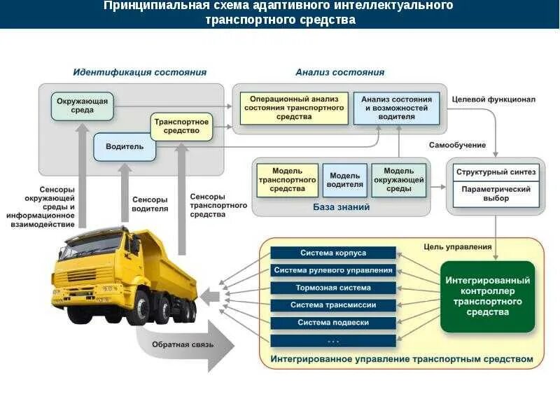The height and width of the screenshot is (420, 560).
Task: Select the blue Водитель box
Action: pyautogui.click(x=125, y=146)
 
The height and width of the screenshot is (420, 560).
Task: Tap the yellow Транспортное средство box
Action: pyautogui.click(x=181, y=126)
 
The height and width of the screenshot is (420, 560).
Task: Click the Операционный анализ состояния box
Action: pyautogui.click(x=294, y=108)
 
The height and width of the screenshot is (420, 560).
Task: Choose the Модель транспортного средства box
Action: pyautogui.click(x=287, y=180)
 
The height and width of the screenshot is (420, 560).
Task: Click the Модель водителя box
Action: pyautogui.click(x=345, y=180)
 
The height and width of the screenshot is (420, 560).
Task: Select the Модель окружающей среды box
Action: pyautogui.click(x=399, y=180)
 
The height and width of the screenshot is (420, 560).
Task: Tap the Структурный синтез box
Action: pyautogui.click(x=496, y=171)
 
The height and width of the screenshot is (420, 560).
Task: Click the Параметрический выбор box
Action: pyautogui.click(x=496, y=194)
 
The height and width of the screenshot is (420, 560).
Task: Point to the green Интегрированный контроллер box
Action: pyautogui.click(x=487, y=296)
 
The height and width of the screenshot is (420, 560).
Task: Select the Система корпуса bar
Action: pyautogui.click(x=333, y=253)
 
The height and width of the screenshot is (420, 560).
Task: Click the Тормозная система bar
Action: pyautogui.click(x=333, y=288)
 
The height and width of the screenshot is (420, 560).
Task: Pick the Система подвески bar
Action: pyautogui.click(x=333, y=323)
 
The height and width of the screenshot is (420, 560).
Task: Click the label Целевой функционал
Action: pyautogui.click(x=494, y=99)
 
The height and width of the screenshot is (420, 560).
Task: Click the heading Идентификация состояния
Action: pyautogui.click(x=140, y=72)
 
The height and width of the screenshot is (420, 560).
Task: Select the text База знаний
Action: pyautogui.click(x=341, y=207)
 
